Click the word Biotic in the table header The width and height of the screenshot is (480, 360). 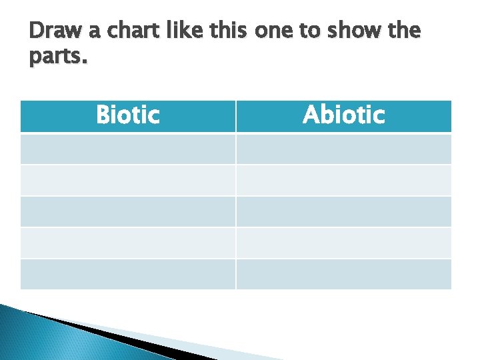(128, 115)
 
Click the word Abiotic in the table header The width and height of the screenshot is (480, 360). (343, 115)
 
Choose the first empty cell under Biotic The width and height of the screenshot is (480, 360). (128, 149)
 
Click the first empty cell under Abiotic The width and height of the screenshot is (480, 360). (343, 149)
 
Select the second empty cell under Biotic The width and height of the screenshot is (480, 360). (128, 180)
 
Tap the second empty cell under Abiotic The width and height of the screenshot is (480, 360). (343, 180)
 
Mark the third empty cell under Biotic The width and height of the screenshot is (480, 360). (128, 211)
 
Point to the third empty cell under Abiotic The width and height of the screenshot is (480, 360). (343, 211)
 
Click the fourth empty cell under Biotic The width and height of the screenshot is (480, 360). (128, 243)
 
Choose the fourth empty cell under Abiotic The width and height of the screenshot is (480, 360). (343, 243)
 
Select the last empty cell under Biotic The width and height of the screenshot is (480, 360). (128, 274)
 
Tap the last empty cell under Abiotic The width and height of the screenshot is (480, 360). (343, 274)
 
